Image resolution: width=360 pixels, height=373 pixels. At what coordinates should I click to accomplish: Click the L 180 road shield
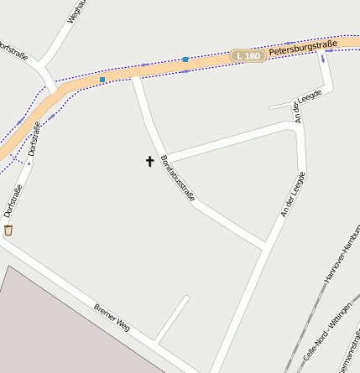click(248, 55)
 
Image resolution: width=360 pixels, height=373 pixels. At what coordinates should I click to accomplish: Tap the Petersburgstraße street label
click(303, 48)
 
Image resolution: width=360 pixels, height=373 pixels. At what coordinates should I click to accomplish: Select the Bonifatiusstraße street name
click(177, 178)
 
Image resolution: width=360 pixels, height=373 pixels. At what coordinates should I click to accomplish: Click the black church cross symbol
click(150, 160)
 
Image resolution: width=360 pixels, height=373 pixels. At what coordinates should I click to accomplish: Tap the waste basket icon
click(8, 230)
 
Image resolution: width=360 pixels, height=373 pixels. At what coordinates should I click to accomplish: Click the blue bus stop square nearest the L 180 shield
click(185, 60)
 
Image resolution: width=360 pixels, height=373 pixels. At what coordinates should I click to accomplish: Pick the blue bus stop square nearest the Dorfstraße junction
click(102, 80)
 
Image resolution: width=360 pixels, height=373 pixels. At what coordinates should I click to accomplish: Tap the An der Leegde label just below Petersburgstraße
click(295, 109)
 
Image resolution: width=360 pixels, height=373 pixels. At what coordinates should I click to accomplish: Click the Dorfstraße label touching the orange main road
click(34, 137)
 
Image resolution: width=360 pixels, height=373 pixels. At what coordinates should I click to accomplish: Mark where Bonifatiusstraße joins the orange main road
click(135, 76)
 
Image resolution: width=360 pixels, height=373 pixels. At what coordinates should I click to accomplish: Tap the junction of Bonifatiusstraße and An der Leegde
click(265, 246)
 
